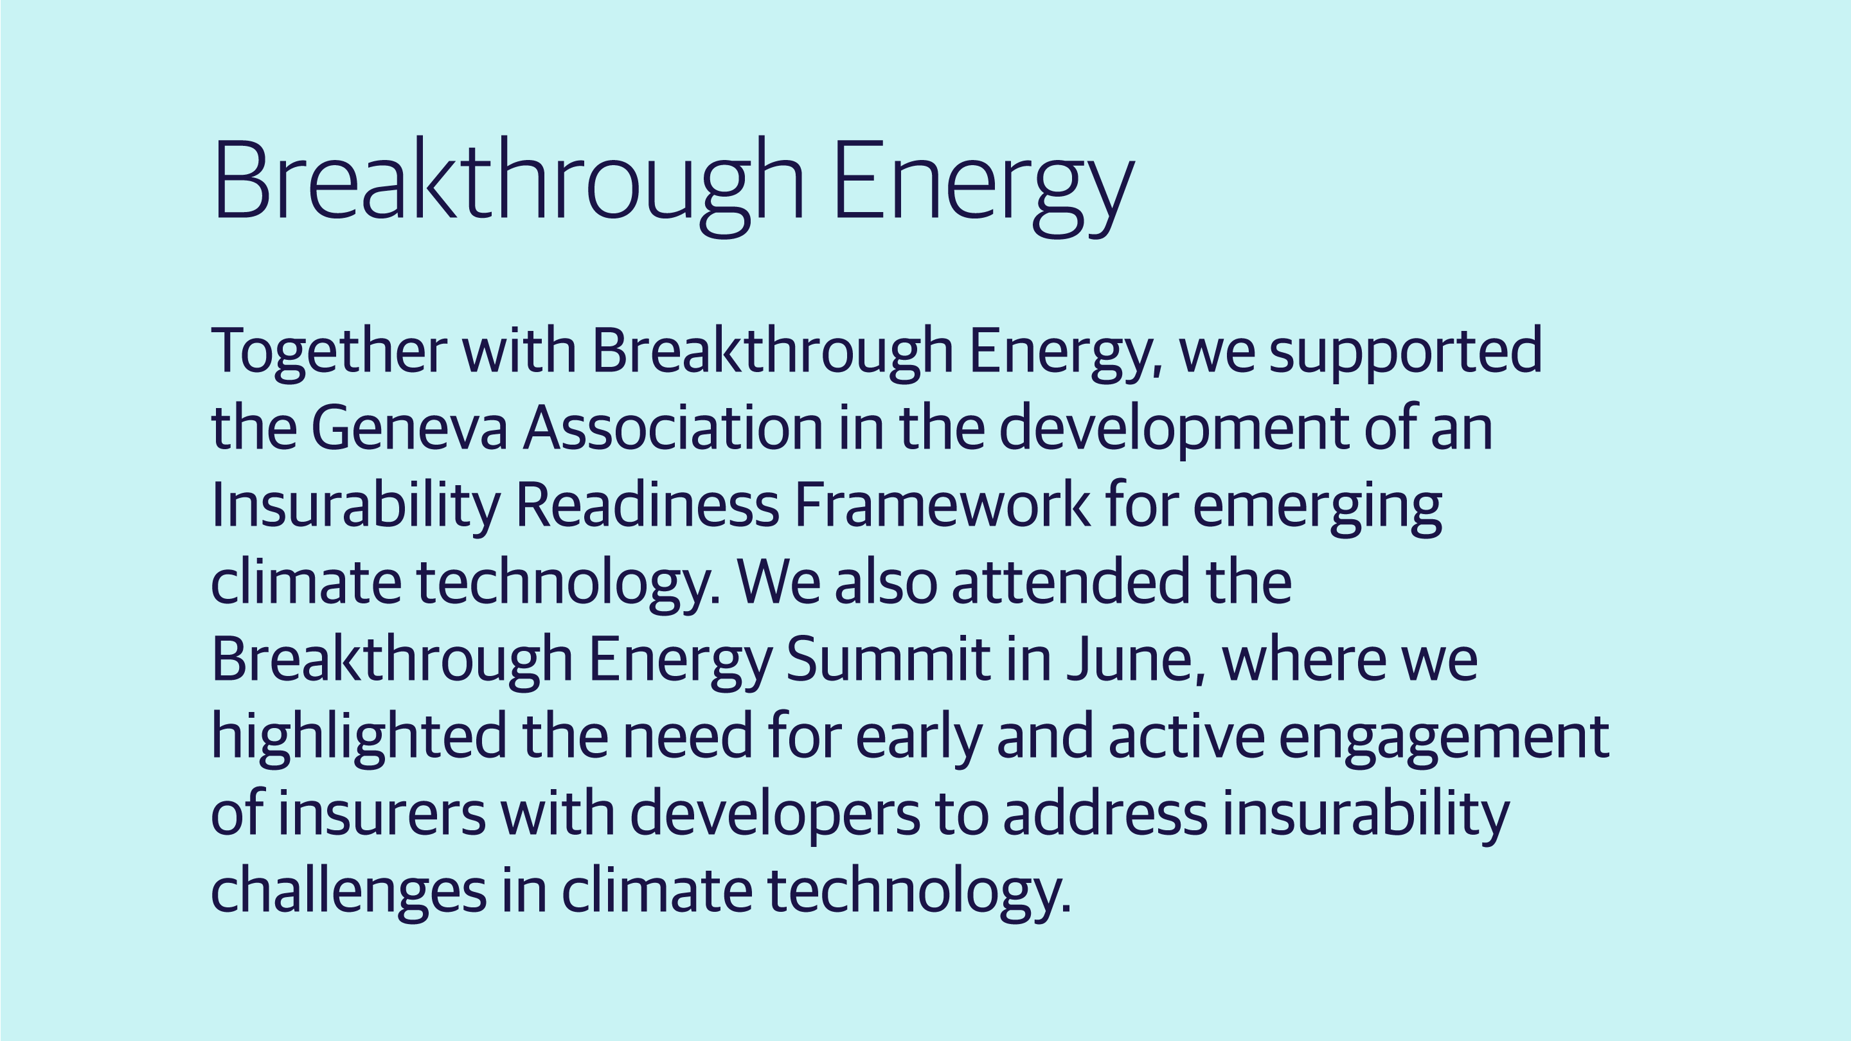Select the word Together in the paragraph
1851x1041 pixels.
click(328, 353)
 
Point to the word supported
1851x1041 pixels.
click(1406, 353)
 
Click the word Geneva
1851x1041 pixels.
click(409, 428)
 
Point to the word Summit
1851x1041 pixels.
click(888, 659)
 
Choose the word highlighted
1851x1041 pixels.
click(359, 738)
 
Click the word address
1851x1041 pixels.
click(1105, 814)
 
